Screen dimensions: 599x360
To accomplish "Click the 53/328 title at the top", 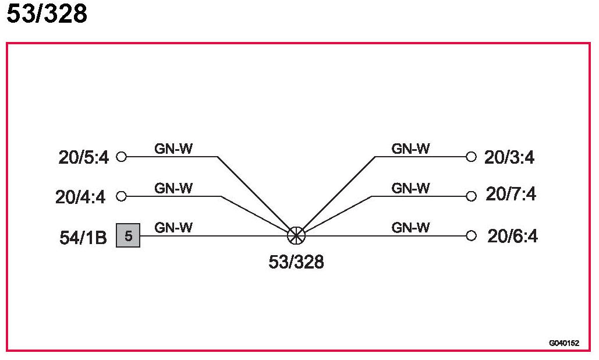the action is [47, 14].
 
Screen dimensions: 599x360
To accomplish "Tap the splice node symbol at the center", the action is [296, 235].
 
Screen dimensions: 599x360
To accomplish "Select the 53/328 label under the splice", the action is [296, 262].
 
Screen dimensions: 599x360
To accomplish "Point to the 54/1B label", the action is [83, 238].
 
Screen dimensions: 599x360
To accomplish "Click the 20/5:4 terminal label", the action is [83, 158].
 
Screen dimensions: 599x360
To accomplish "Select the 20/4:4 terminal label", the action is [80, 197].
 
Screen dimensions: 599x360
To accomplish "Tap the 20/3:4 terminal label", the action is [509, 158].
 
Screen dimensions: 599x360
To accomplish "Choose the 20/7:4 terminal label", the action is [511, 195].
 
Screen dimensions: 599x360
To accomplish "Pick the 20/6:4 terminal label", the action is [512, 237].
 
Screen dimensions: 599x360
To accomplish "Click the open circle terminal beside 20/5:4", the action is [122, 157].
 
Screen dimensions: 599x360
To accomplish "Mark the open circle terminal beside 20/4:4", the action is [122, 196].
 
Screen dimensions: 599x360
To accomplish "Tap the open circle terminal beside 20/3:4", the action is [472, 157].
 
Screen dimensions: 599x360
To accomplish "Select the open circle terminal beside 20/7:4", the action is [472, 196].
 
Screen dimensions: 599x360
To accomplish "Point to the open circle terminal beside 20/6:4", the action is [472, 235].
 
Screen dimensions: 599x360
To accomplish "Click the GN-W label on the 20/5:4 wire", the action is [173, 149].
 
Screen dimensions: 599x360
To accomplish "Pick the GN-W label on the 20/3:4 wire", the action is [410, 149].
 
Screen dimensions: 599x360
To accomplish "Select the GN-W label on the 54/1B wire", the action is [173, 228].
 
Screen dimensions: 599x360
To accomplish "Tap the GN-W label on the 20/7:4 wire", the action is [410, 188].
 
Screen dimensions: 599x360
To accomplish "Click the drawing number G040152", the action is [563, 343].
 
